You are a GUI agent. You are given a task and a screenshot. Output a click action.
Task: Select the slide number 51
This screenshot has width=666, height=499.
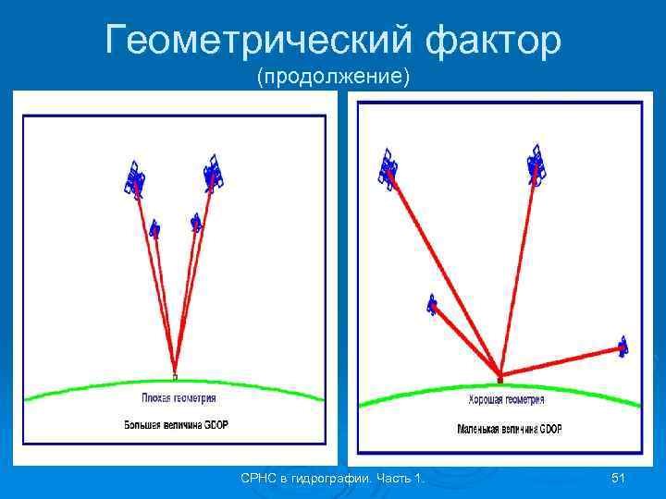pyautogui.click(x=620, y=478)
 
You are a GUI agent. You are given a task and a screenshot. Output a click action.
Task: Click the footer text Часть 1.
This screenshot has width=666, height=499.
pyautogui.click(x=400, y=478)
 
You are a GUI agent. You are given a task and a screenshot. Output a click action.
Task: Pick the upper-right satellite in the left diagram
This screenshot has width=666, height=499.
pyautogui.click(x=214, y=172)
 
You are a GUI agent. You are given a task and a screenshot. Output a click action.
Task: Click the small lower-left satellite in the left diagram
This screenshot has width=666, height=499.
pyautogui.click(x=154, y=227)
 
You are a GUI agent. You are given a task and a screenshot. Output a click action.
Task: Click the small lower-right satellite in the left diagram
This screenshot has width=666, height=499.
pyautogui.click(x=195, y=223)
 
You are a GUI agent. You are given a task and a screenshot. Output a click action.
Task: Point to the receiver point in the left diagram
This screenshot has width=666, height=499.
pyautogui.click(x=175, y=375)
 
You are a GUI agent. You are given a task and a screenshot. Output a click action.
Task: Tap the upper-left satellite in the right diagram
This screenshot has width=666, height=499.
pyautogui.click(x=388, y=165)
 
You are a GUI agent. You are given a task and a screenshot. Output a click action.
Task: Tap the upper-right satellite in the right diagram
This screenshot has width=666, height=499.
pyautogui.click(x=535, y=164)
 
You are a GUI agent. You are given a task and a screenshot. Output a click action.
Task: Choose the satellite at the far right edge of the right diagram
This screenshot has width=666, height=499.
pyautogui.click(x=623, y=347)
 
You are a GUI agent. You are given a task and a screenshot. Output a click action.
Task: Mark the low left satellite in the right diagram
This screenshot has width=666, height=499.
pyautogui.click(x=432, y=304)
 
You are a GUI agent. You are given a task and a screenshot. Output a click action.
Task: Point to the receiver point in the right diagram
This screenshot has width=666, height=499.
pyautogui.click(x=500, y=377)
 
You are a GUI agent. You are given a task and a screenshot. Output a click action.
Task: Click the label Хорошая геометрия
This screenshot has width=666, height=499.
pyautogui.click(x=499, y=400)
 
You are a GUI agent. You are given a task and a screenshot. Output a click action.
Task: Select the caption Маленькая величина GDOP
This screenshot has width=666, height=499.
pyautogui.click(x=510, y=430)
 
